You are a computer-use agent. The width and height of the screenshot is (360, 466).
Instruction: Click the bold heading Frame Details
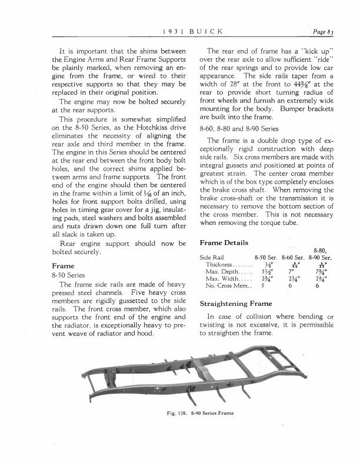pyautogui.click(x=224, y=243)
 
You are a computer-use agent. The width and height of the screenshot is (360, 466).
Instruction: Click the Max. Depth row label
pyautogui.click(x=221, y=272)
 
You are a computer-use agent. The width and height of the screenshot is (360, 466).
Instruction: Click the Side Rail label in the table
pyautogui.click(x=212, y=257)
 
